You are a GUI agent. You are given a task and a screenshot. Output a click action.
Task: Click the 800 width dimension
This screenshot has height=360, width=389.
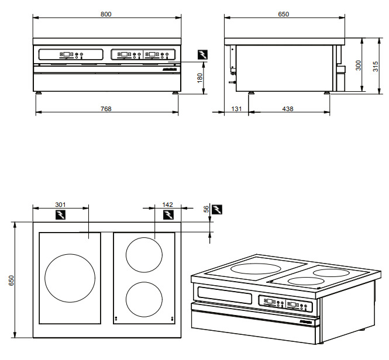(x=106, y=13)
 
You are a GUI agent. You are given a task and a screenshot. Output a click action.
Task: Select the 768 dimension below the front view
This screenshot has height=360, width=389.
(x=105, y=108)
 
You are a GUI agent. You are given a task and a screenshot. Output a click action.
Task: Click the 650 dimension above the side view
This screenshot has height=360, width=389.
(x=283, y=13)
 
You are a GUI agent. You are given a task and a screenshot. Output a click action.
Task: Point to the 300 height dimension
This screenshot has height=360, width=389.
(x=359, y=65)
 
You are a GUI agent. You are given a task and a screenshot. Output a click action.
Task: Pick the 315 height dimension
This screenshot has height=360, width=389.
(x=376, y=65)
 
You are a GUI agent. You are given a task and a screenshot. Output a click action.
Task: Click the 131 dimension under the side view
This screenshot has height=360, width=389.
(x=236, y=109)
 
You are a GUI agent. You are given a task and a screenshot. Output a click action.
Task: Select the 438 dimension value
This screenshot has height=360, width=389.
(x=288, y=109)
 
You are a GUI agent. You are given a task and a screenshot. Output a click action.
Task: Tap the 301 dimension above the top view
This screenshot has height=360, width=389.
(x=60, y=204)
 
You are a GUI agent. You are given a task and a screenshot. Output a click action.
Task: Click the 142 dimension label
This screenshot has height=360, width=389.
(x=168, y=204)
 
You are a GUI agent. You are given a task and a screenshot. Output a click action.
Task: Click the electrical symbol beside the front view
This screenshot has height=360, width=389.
(x=202, y=54)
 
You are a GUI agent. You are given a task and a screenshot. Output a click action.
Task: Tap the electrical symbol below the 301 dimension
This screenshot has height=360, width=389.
(x=61, y=214)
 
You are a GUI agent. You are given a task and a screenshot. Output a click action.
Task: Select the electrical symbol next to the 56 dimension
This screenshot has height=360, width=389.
(x=218, y=210)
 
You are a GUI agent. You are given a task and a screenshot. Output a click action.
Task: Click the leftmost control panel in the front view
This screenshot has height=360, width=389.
(x=71, y=55)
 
